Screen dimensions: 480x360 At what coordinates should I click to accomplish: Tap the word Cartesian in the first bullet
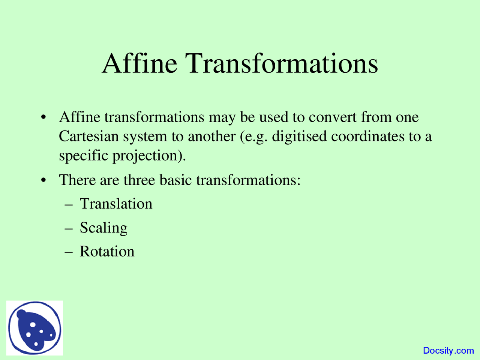[89, 136]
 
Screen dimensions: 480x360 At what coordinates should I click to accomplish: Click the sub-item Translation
[116, 204]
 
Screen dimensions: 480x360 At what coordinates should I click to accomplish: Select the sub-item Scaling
[103, 228]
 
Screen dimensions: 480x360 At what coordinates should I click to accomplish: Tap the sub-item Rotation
[107, 251]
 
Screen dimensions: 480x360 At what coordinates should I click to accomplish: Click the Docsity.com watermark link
[448, 350]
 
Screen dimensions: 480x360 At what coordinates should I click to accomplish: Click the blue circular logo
[34, 328]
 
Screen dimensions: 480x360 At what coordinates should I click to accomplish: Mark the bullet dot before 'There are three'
[43, 180]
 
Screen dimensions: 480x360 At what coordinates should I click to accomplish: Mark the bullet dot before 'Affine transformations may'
[43, 117]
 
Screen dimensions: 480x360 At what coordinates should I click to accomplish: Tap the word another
[211, 136]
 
